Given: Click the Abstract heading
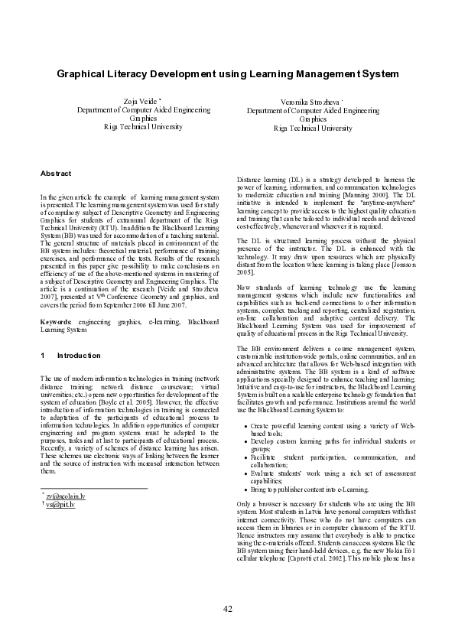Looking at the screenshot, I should click(x=56, y=174).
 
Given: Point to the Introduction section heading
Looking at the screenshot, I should click(x=79, y=356).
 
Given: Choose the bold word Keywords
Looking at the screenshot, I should click(x=57, y=324).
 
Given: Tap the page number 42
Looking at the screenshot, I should click(x=227, y=608).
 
